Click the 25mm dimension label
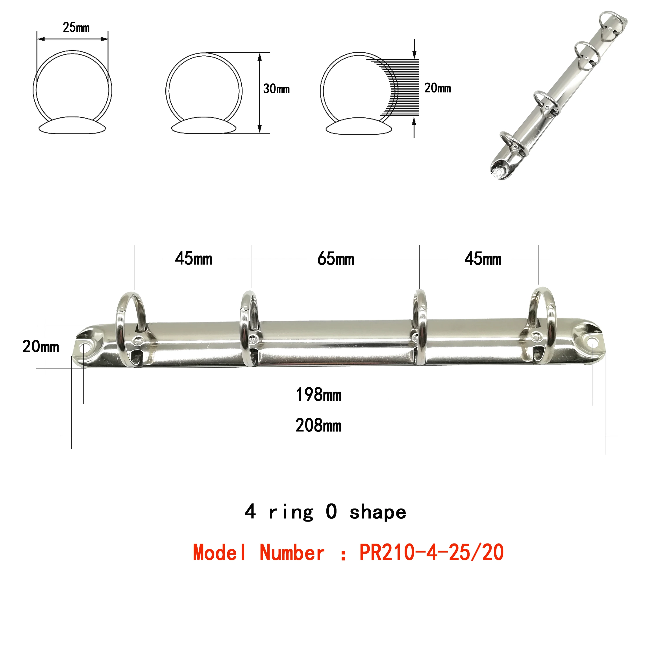[76, 28]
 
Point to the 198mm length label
[319, 395]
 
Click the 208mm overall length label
[319, 426]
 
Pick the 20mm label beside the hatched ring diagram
[438, 88]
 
